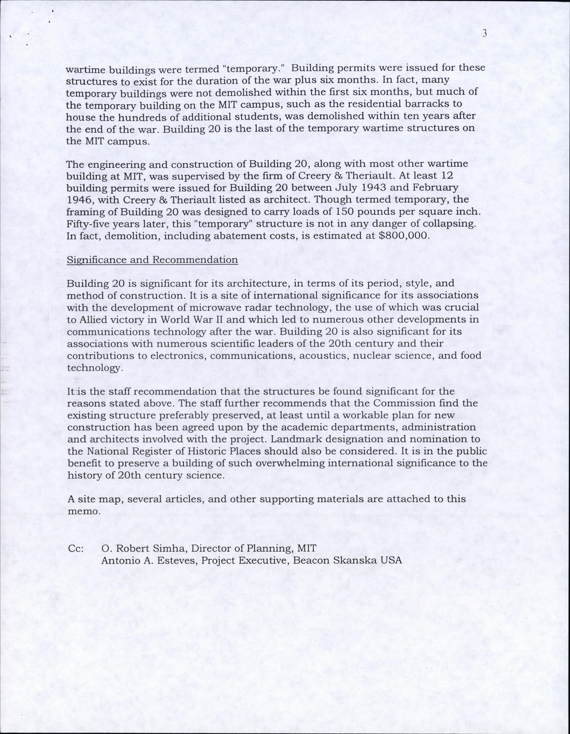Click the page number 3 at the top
click(485, 33)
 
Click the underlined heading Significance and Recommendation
click(152, 260)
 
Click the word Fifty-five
click(87, 224)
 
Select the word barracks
click(451, 104)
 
